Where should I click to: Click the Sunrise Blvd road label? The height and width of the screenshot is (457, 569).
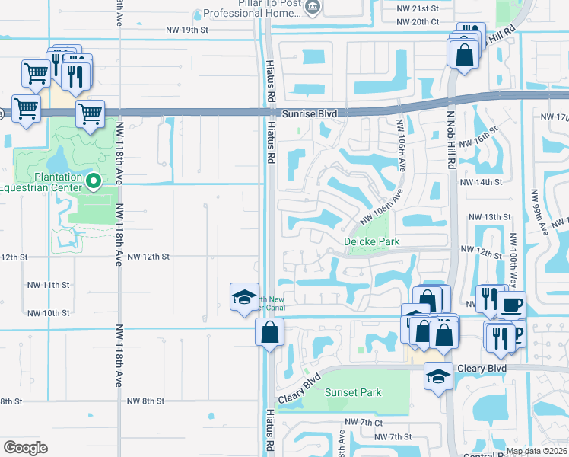pyautogui.click(x=309, y=113)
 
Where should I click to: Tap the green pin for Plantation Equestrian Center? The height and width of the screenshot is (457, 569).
pyautogui.click(x=94, y=181)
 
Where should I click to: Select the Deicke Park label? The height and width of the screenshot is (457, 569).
pyautogui.click(x=372, y=241)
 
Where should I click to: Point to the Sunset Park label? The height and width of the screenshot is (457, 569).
pyautogui.click(x=352, y=392)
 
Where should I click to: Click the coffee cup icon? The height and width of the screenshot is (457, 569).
pyautogui.click(x=511, y=305)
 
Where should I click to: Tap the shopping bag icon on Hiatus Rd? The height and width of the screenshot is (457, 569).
pyautogui.click(x=269, y=332)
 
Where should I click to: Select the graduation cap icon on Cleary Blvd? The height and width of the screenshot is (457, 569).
pyautogui.click(x=438, y=376)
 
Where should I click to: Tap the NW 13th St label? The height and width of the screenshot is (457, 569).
pyautogui.click(x=489, y=217)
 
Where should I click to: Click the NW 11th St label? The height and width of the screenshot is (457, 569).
pyautogui.click(x=48, y=285)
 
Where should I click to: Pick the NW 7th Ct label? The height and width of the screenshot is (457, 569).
pyautogui.click(x=363, y=422)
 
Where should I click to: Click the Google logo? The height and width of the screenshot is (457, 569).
pyautogui.click(x=25, y=447)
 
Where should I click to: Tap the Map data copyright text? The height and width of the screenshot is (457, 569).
pyautogui.click(x=536, y=451)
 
